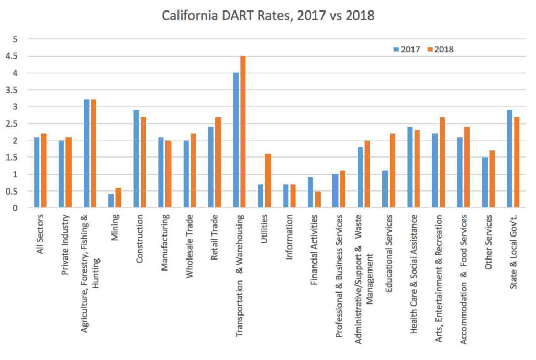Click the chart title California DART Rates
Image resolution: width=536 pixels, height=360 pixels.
268,16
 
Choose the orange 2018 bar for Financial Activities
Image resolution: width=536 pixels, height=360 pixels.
317,199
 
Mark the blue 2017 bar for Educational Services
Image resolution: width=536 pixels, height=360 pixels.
385,189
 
